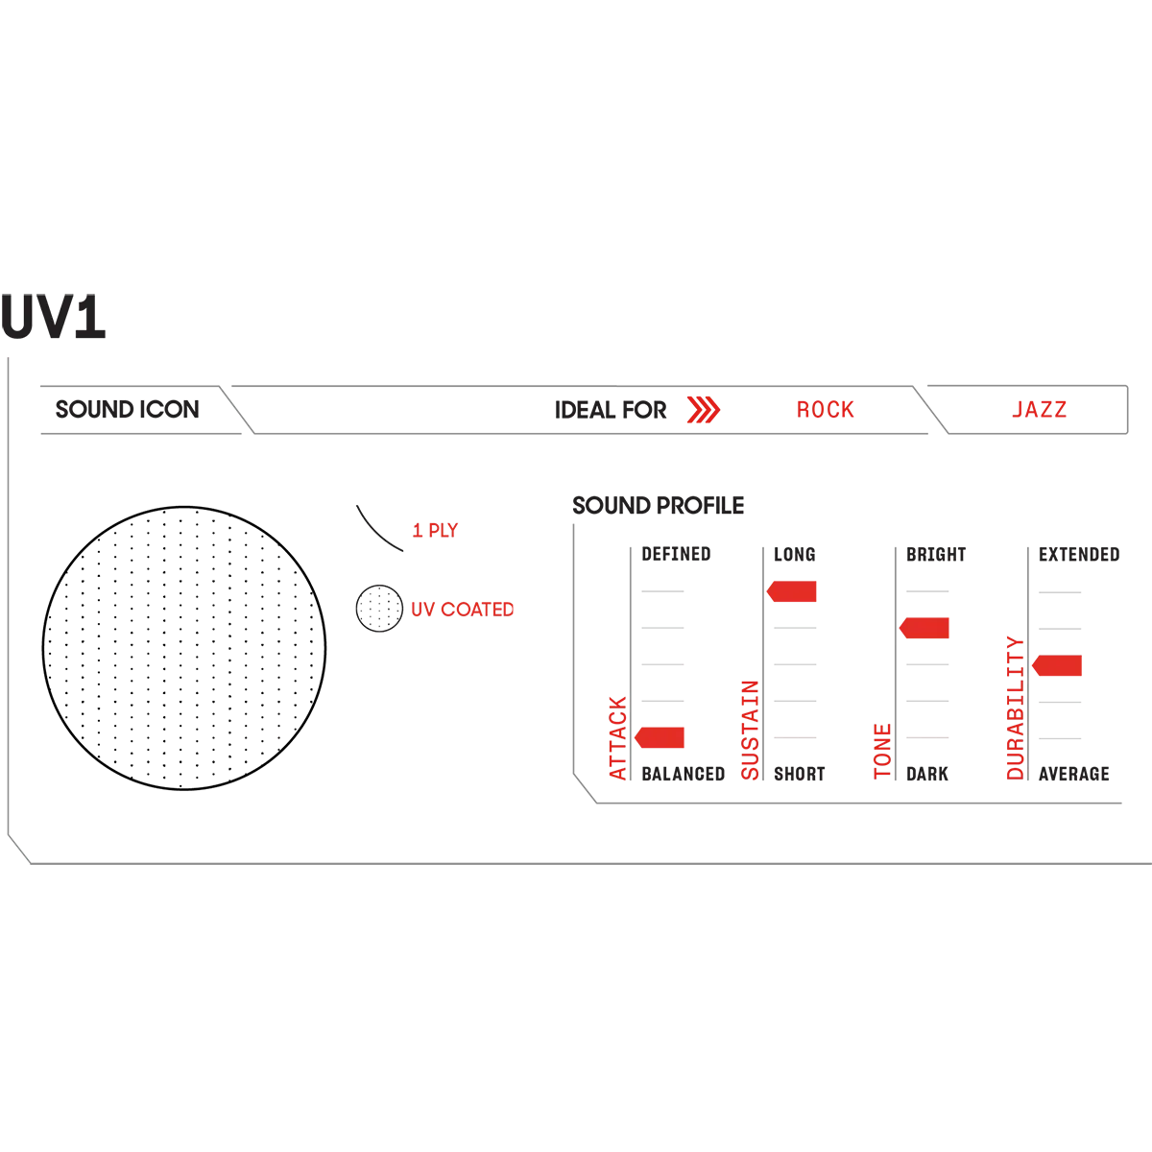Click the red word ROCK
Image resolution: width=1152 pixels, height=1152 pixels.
[x=825, y=411]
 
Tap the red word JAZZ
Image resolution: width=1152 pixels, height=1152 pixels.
[x=1038, y=411]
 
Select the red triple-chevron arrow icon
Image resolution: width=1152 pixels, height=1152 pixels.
[x=703, y=411]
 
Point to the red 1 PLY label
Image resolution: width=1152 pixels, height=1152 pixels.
[x=435, y=530]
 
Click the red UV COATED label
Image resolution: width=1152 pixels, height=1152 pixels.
[x=462, y=611]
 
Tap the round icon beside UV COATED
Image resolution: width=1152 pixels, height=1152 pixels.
[x=378, y=610]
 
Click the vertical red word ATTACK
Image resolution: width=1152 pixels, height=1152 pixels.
[x=619, y=736]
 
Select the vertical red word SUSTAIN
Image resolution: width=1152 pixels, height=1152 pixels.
[x=751, y=729]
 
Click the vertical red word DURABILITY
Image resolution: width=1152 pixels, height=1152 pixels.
[x=1016, y=709]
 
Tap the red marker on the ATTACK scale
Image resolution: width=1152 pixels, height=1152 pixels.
[x=661, y=737]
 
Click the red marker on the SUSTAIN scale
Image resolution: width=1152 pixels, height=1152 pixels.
[x=793, y=592]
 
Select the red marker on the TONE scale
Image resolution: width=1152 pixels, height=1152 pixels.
[x=925, y=629]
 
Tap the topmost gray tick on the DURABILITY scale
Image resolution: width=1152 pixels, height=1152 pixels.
[x=1060, y=595]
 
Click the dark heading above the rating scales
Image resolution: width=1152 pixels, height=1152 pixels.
[x=656, y=504]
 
